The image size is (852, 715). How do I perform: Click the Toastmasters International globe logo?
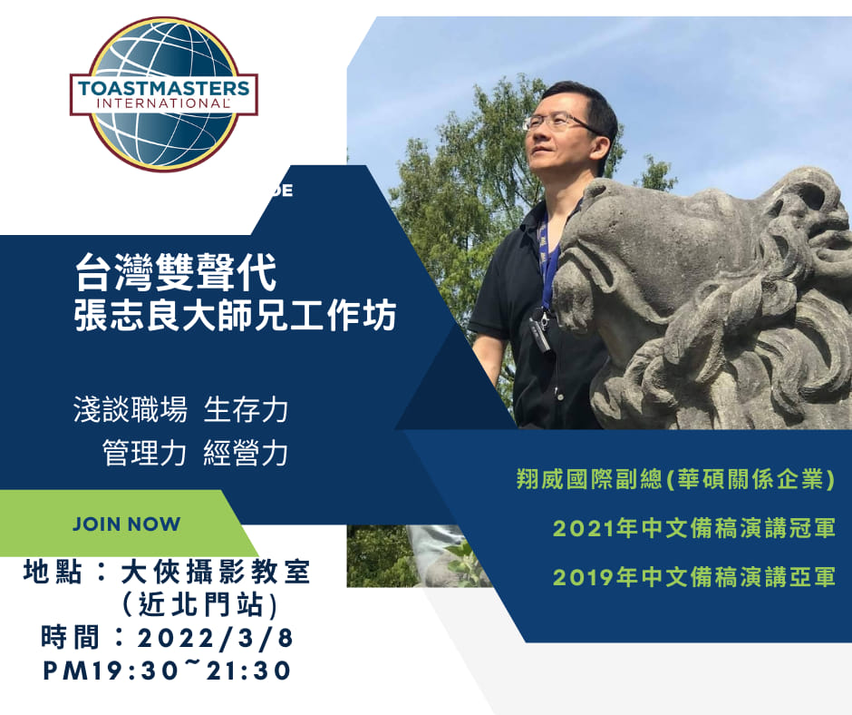click(163, 94)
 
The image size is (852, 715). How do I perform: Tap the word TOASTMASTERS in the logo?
click(163, 88)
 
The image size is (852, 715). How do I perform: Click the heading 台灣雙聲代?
click(176, 272)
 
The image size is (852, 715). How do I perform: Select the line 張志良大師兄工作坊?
click(236, 315)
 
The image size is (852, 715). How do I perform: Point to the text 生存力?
click(246, 410)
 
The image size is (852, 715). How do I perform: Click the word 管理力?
click(144, 453)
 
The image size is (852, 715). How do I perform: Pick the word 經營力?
click(246, 453)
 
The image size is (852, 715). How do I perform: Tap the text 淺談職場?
click(131, 410)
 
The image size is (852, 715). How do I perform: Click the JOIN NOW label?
click(127, 524)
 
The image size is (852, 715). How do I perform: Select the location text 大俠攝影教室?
click(215, 573)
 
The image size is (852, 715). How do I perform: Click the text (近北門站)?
click(200, 604)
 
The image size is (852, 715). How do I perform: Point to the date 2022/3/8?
click(215, 638)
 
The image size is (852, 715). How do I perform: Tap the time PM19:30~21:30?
click(167, 671)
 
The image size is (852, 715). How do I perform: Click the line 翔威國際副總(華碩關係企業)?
click(675, 479)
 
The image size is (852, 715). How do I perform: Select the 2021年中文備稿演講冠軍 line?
click(694, 528)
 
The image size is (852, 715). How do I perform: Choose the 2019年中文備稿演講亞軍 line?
click(694, 577)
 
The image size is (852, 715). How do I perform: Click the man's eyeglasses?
click(557, 121)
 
